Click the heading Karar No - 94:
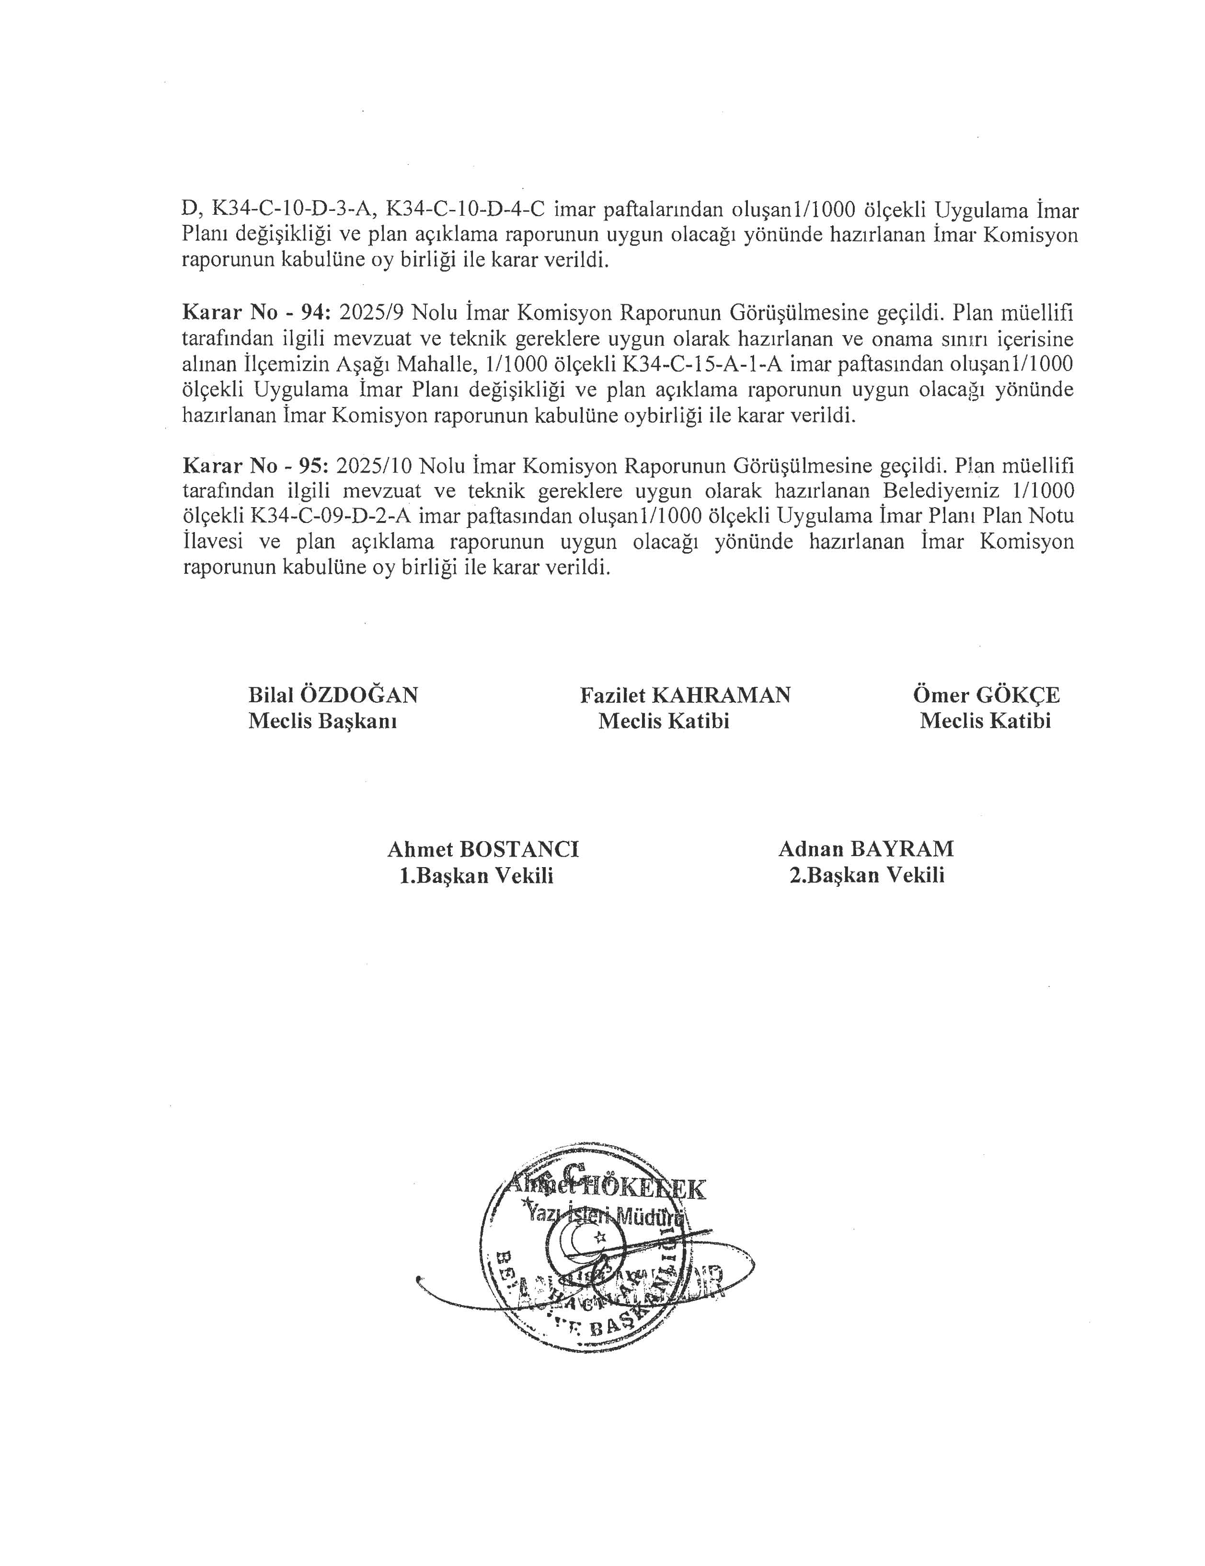(x=256, y=313)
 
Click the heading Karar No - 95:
(x=256, y=466)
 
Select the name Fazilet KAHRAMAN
(x=685, y=695)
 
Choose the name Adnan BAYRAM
(x=866, y=849)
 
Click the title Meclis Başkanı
(x=322, y=720)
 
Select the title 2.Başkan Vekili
(x=867, y=875)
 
